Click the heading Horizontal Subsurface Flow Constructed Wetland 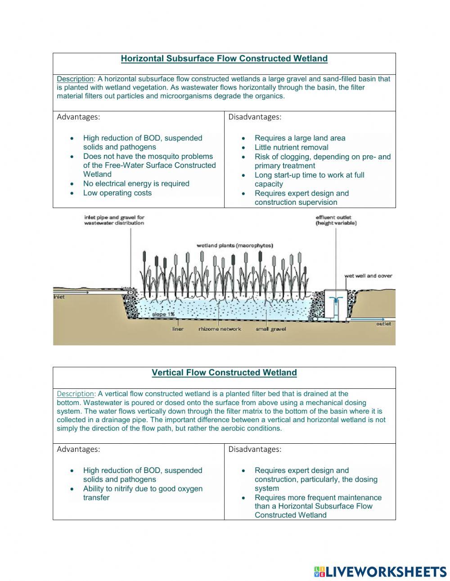tap(224, 59)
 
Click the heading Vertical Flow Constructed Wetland tap(224, 373)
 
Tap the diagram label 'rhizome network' tap(220, 329)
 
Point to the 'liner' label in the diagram tap(178, 329)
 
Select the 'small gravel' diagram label tap(270, 329)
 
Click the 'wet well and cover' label tap(368, 276)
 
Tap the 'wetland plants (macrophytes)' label tap(234, 246)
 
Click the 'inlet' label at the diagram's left tap(59, 297)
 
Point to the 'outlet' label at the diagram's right tap(383, 324)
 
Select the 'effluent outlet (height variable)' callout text tap(336, 220)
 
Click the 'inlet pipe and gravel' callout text tap(114, 220)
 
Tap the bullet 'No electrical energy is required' tap(136, 184)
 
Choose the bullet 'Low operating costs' tap(117, 193)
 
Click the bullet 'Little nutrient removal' tap(291, 148)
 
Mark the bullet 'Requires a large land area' tap(300, 138)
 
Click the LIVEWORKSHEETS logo tap(380, 572)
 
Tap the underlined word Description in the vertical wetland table tap(76, 394)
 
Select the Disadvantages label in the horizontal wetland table tap(255, 117)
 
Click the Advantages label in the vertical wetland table tap(78, 449)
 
